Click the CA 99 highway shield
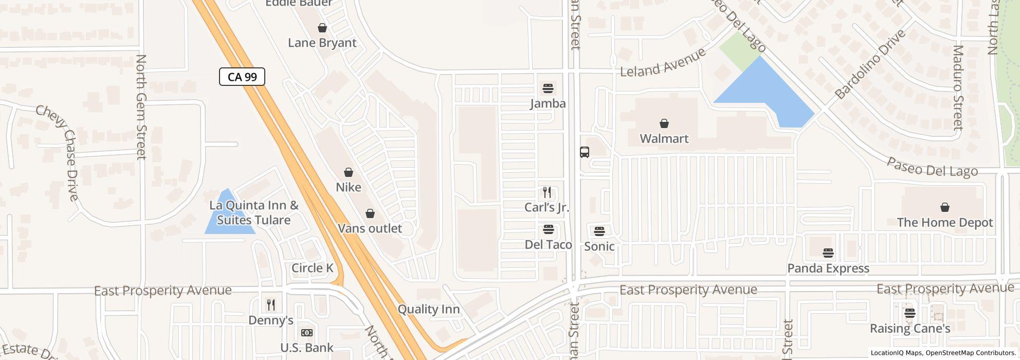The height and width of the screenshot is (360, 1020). click(x=242, y=77)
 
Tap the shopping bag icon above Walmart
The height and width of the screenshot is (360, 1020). click(x=664, y=123)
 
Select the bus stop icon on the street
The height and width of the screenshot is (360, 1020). click(x=585, y=152)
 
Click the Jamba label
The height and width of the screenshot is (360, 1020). click(x=548, y=103)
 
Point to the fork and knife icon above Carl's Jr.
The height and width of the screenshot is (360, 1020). click(x=547, y=192)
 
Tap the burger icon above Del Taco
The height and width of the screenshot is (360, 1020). click(x=548, y=229)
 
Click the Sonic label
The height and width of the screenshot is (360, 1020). click(x=599, y=246)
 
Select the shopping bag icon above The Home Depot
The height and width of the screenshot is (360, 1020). click(x=944, y=207)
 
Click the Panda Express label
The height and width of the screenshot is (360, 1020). click(x=828, y=268)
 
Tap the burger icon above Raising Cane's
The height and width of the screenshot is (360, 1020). click(x=909, y=313)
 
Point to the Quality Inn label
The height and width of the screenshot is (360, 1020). click(x=429, y=309)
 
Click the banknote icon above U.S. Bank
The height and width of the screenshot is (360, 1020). click(x=306, y=333)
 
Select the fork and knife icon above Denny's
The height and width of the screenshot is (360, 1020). click(x=271, y=305)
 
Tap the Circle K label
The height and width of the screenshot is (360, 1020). click(x=312, y=268)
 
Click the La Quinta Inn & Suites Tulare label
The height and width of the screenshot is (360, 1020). click(x=254, y=212)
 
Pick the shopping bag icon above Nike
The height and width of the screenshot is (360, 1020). click(x=349, y=172)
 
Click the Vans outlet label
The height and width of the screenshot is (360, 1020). click(x=370, y=228)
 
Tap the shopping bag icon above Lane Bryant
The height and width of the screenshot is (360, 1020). click(x=322, y=28)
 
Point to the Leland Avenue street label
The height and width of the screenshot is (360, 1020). click(x=663, y=63)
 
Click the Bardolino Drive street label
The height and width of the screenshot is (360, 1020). click(x=869, y=65)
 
